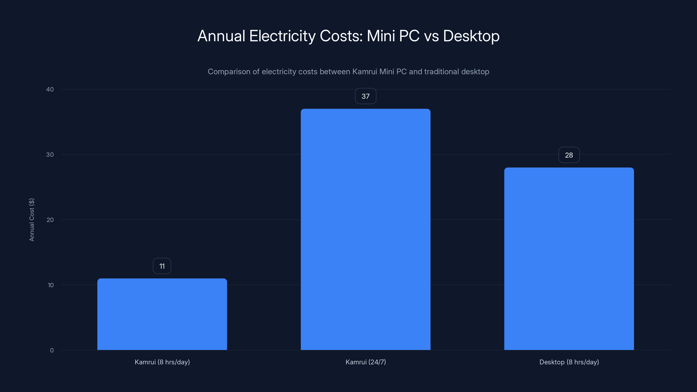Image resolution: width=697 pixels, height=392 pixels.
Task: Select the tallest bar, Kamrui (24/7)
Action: (365, 229)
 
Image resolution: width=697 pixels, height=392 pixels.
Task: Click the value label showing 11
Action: (162, 266)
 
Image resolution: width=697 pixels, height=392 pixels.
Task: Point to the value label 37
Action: (365, 96)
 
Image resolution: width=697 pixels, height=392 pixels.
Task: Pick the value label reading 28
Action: (569, 155)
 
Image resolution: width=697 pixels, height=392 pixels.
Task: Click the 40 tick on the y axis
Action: (50, 89)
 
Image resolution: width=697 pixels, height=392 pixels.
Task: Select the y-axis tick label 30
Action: (50, 154)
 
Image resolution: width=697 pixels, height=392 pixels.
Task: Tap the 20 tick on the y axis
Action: (50, 220)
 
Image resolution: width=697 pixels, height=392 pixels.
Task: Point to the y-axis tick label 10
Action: (50, 285)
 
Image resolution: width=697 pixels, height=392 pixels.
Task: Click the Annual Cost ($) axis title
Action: (32, 220)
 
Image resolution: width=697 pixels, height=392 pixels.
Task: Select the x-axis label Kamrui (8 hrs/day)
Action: (162, 362)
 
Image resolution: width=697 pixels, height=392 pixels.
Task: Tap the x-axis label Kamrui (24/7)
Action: (365, 362)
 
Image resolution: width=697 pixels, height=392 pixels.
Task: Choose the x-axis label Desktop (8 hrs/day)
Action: (569, 362)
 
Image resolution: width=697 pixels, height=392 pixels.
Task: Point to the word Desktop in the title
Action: (471, 36)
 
